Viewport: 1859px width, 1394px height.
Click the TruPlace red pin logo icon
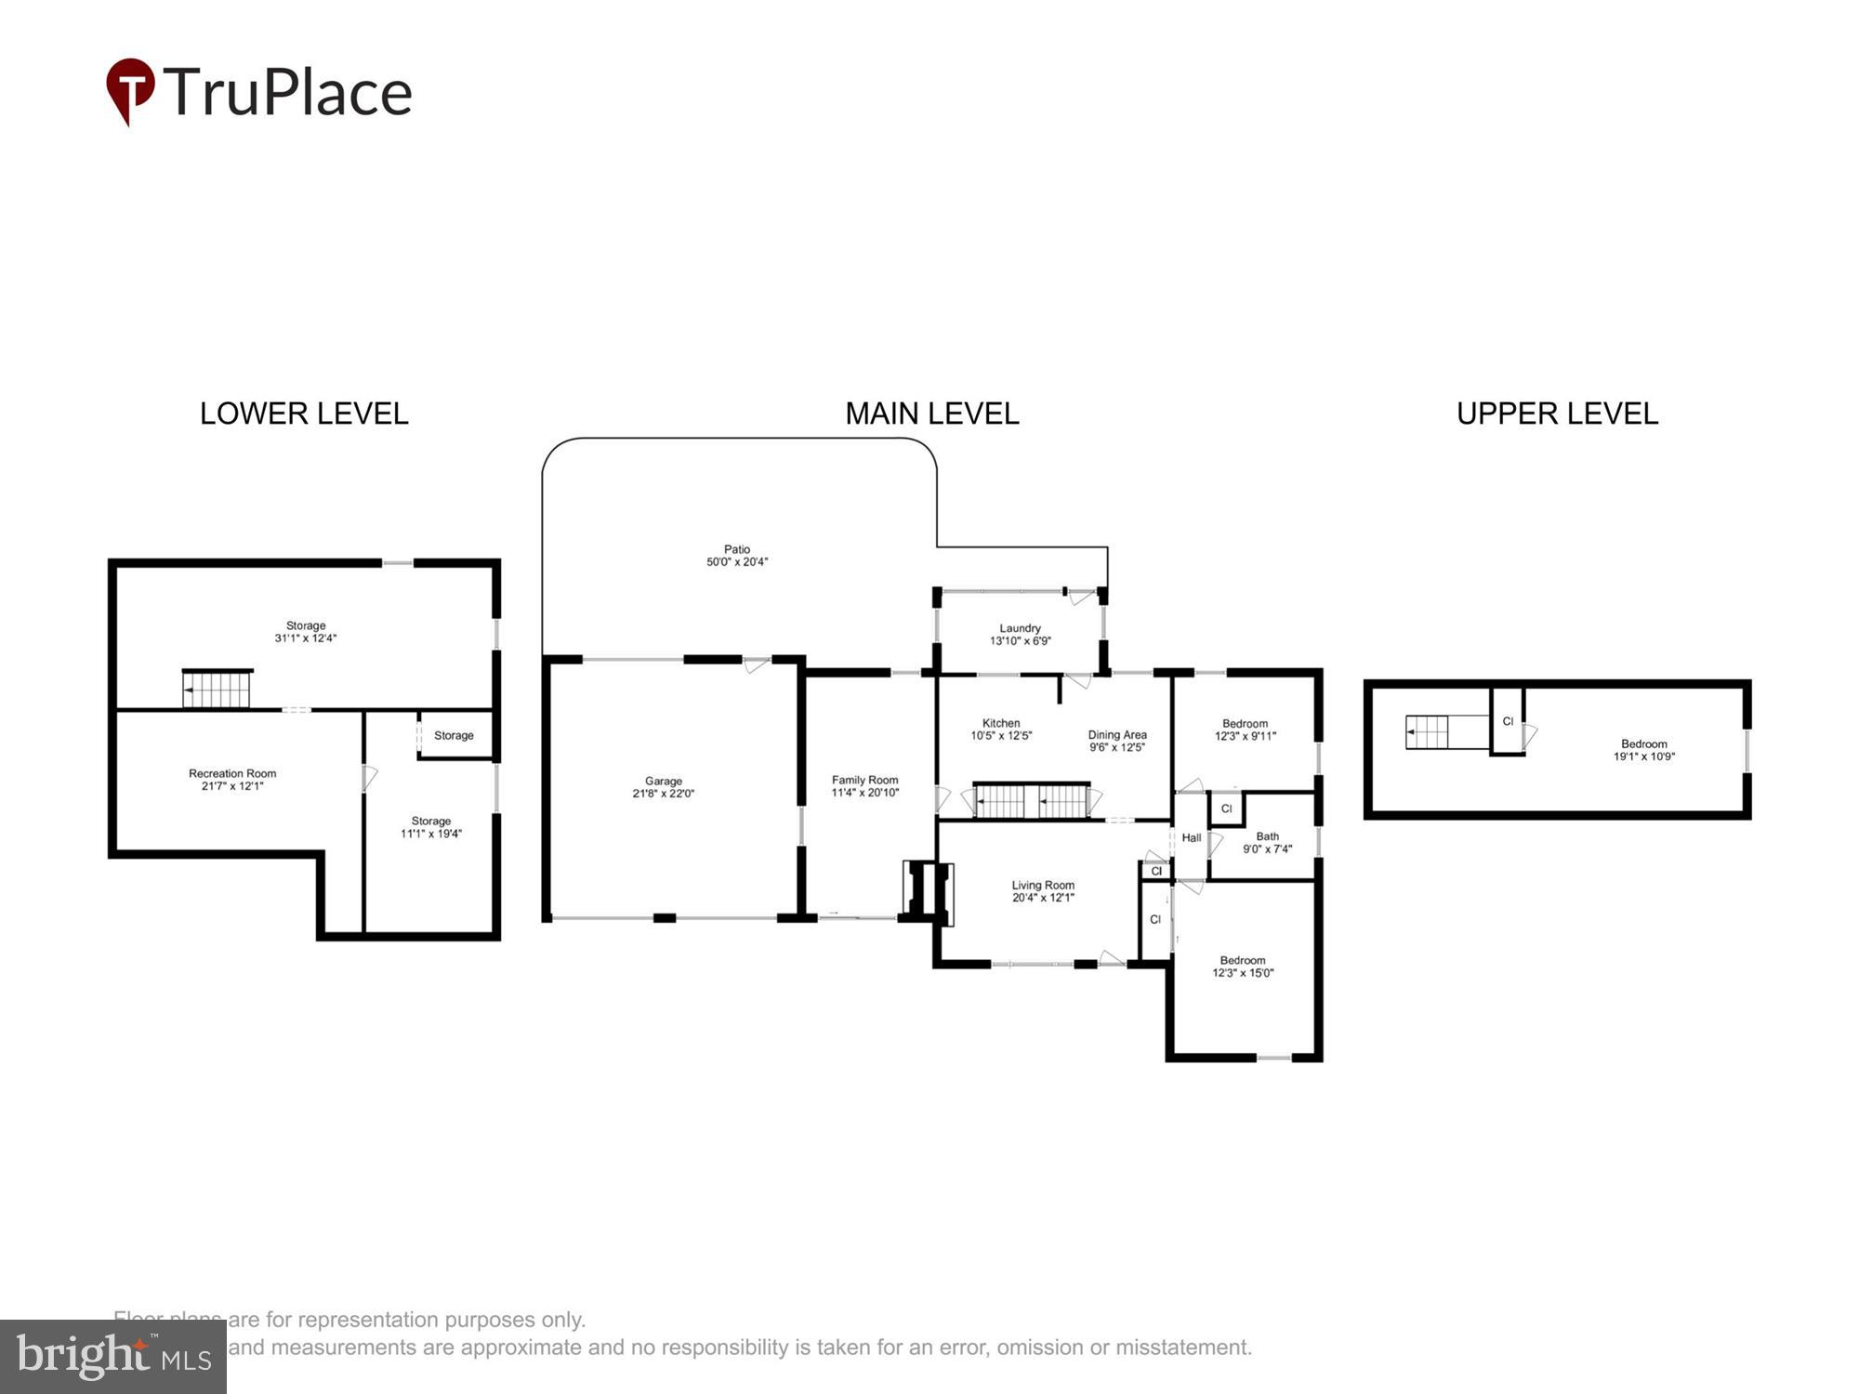pos(130,89)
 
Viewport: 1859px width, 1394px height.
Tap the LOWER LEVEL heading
pos(304,414)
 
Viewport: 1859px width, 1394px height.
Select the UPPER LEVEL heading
pos(1557,414)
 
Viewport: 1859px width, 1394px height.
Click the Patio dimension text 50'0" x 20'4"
pos(737,562)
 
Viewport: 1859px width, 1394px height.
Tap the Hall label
pos(1192,837)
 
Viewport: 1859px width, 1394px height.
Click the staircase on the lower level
pos(217,690)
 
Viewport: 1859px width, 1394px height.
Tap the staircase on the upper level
pos(1428,732)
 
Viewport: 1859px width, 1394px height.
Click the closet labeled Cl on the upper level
pos(1508,721)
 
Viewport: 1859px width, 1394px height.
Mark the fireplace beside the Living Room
pos(929,893)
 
